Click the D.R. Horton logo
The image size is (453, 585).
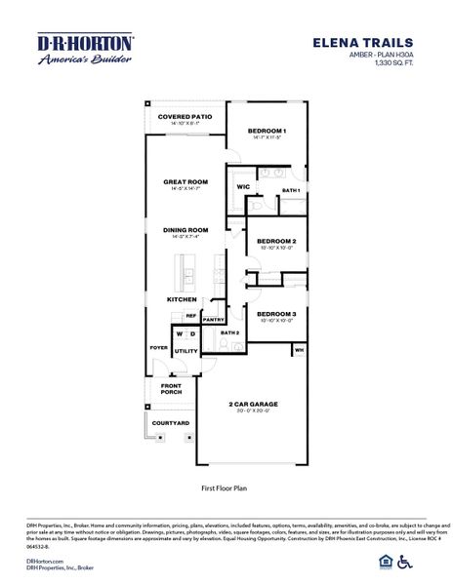tap(86, 43)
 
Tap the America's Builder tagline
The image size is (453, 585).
tap(86, 60)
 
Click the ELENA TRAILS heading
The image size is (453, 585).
tap(377, 43)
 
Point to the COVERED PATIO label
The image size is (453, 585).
tap(185, 117)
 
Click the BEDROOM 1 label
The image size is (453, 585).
tap(267, 131)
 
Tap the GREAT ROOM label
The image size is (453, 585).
tap(185, 181)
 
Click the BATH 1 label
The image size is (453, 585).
tap(291, 190)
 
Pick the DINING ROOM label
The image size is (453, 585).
tap(185, 230)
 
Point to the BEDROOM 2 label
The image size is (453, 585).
tap(276, 241)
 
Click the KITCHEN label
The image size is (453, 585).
tap(182, 299)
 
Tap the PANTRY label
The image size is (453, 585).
tap(215, 319)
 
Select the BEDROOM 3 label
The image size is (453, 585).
tap(276, 314)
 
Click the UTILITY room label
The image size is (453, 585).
tap(185, 351)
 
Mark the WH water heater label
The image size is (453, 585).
tap(300, 348)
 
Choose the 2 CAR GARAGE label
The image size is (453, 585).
tap(253, 403)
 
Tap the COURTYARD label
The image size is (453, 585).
tap(169, 423)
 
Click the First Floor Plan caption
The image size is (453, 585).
tap(226, 485)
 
